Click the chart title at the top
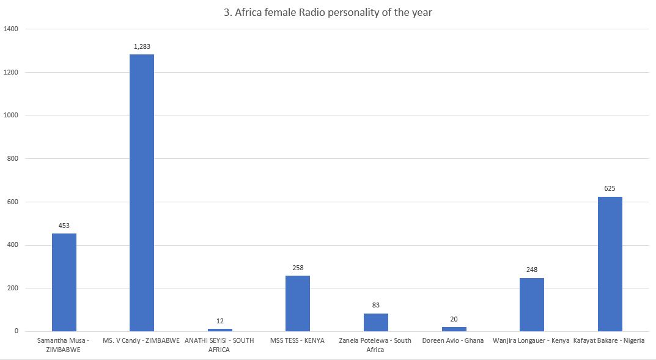tap(328, 12)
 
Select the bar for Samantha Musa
tap(64, 282)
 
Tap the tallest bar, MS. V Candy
tap(142, 193)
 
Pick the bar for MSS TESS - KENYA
tap(298, 303)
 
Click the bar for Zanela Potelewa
tap(375, 322)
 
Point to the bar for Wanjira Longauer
tap(531, 304)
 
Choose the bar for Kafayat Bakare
tap(610, 264)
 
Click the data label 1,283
tap(142, 46)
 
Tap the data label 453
tap(64, 226)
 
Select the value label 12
tap(220, 321)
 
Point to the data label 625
tap(610, 188)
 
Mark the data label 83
tap(375, 306)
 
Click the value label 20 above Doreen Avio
tap(454, 319)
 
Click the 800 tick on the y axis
tap(13, 159)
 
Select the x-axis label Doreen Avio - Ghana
tap(453, 340)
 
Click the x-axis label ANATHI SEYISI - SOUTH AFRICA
tap(219, 345)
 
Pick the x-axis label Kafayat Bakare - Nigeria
tap(609, 340)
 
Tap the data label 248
tap(531, 270)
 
